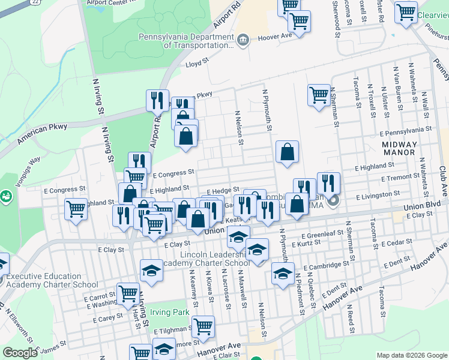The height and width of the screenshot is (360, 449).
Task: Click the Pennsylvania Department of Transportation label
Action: point(185,40)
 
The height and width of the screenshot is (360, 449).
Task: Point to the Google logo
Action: point(20,353)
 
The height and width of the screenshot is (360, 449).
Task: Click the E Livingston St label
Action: point(378,196)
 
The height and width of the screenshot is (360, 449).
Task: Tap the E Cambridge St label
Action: point(326,265)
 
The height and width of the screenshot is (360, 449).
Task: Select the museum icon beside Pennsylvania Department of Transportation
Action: point(243,40)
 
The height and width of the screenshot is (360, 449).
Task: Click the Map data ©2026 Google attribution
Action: point(412,355)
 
